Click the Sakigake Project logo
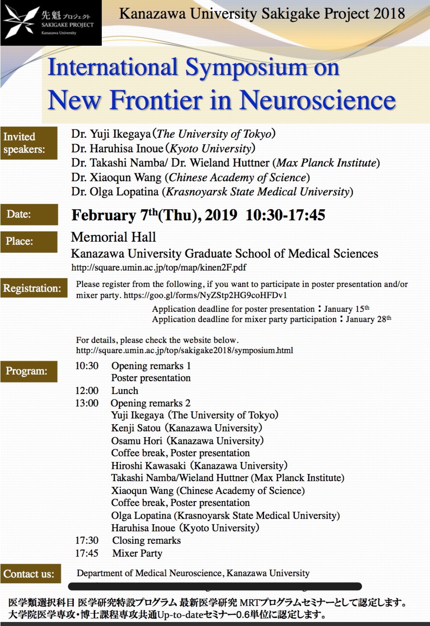pyautogui.click(x=51, y=23)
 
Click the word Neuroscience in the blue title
pyautogui.click(x=317, y=100)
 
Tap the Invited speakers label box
pyautogui.click(x=29, y=143)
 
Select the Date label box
pyautogui.click(x=29, y=214)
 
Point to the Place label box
pyautogui.click(x=29, y=241)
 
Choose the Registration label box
pyautogui.click(x=33, y=288)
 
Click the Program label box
pyautogui.click(x=29, y=371)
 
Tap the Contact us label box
pyautogui.click(x=30, y=574)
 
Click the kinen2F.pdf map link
pyautogui.click(x=159, y=267)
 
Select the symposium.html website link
pyautogui.click(x=185, y=350)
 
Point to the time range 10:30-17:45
pyautogui.click(x=285, y=215)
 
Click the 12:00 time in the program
pyautogui.click(x=87, y=391)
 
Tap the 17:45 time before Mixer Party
pyautogui.click(x=87, y=553)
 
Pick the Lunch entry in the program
pyautogui.click(x=125, y=391)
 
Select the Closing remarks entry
pyautogui.click(x=146, y=540)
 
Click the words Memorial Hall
pyautogui.click(x=113, y=237)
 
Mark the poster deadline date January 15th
pyautogui.click(x=346, y=309)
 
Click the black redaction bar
pyautogui.click(x=215, y=586)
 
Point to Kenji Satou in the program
pyautogui.click(x=136, y=428)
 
